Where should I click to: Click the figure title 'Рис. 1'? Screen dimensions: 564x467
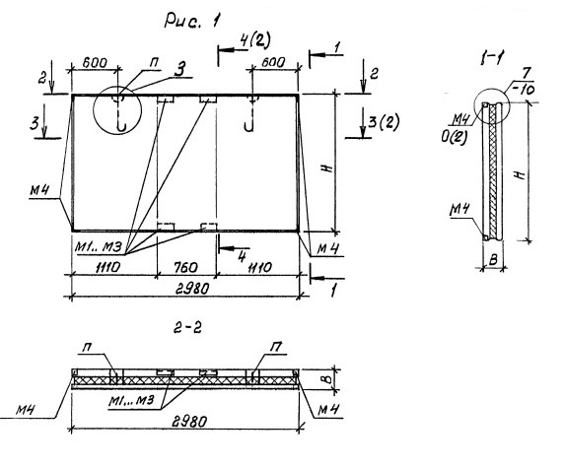(191, 20)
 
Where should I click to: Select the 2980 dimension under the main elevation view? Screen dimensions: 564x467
(191, 289)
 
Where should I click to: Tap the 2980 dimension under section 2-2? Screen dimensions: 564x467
(189, 421)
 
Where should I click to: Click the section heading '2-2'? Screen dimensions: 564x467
(187, 328)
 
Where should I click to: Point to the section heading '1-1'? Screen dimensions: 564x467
(491, 58)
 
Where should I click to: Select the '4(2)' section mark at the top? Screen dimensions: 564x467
(255, 40)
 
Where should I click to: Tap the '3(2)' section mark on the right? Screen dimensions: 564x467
(385, 122)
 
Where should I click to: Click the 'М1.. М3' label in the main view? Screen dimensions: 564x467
(99, 247)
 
